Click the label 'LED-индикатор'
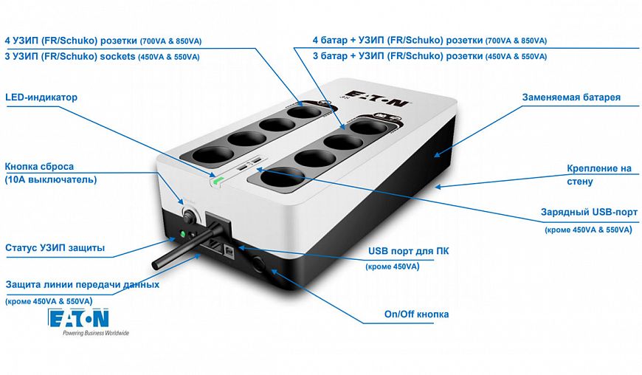click(41, 97)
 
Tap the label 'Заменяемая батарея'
click(571, 97)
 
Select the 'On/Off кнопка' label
click(416, 314)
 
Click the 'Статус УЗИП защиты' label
click(55, 248)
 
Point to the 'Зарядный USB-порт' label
click(588, 213)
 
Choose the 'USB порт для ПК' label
click(408, 251)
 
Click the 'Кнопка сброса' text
click(40, 166)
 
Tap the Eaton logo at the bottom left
click(78, 317)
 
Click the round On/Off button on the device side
click(260, 262)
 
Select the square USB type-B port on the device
click(230, 250)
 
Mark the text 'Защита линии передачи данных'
click(82, 284)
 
